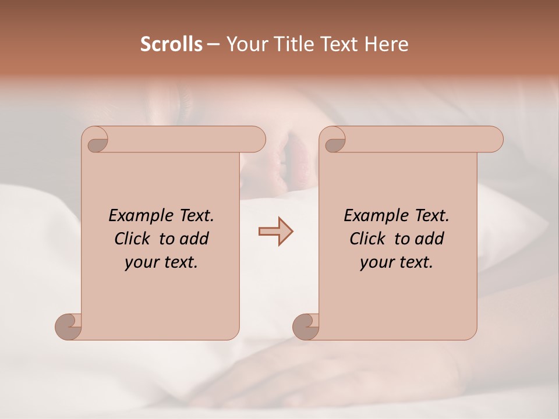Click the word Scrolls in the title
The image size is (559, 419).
coord(172,44)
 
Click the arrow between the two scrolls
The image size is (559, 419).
coord(275,231)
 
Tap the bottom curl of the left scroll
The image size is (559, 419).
coord(68,326)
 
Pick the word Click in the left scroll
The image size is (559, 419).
coord(135,239)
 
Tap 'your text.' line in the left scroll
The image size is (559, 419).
coord(161,262)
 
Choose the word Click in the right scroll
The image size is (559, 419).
coord(370,239)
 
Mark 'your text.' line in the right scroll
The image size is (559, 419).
coord(397,262)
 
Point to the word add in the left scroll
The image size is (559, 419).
coord(193,239)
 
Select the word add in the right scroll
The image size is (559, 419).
coord(429,239)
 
